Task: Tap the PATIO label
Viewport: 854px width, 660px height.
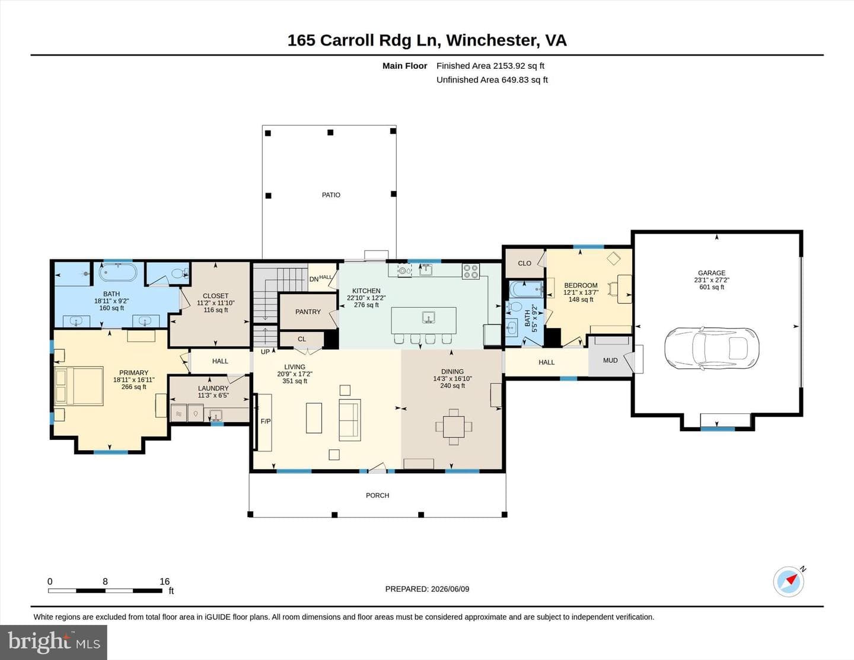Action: point(331,195)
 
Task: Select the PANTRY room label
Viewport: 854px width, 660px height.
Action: point(308,311)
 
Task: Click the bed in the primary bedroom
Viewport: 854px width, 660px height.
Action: point(79,386)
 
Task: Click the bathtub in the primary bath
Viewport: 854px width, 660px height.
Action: point(118,272)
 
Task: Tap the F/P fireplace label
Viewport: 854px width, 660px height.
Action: point(266,421)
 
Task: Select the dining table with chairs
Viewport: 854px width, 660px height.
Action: point(454,426)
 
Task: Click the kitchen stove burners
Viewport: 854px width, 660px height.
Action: point(470,271)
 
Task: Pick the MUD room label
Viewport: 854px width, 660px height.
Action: point(610,361)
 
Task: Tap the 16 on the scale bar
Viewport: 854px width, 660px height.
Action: point(165,581)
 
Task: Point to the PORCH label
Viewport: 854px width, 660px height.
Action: point(377,495)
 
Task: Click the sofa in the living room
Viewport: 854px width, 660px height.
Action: point(350,420)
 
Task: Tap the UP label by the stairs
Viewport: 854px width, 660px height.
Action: point(265,352)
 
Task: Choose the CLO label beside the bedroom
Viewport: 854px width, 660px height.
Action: point(525,263)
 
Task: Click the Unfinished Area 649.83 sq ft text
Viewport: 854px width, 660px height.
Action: point(492,79)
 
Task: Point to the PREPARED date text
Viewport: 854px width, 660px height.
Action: point(427,589)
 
